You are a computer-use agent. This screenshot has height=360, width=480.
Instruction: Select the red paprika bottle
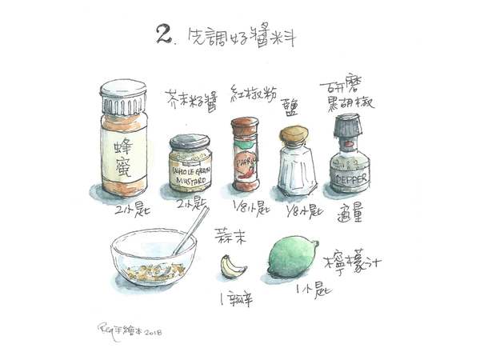pos(245,156)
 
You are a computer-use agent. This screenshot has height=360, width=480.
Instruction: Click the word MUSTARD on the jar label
pos(190,180)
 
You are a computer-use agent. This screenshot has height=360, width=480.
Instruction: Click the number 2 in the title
pos(166,34)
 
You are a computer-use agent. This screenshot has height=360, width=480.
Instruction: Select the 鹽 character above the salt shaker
pos(293,113)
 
